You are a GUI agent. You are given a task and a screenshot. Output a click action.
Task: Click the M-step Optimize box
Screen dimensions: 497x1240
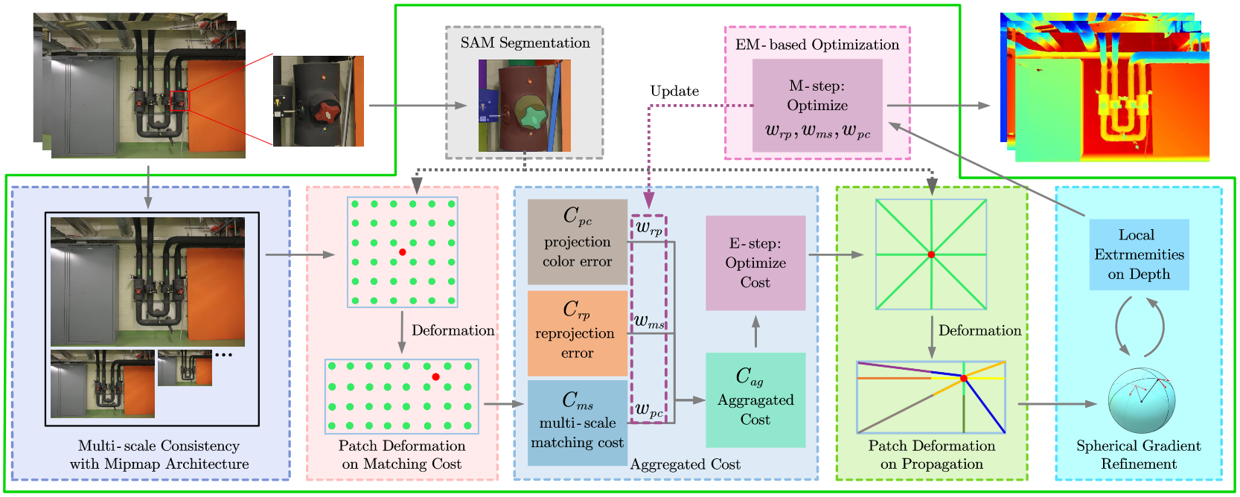[x=817, y=106]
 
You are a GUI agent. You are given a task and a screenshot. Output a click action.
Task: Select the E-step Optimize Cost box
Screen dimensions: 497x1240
[x=755, y=263]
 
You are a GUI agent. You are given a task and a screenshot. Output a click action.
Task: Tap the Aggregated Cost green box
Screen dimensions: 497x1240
[x=755, y=400]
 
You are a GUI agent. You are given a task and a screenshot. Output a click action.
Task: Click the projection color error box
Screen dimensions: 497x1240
[x=578, y=242]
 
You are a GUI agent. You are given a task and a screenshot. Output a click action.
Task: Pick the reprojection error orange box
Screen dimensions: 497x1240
[x=578, y=333]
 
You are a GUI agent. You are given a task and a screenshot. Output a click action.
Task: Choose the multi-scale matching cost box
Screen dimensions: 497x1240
[x=578, y=423]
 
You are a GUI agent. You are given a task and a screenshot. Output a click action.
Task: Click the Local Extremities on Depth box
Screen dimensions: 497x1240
[x=1139, y=254]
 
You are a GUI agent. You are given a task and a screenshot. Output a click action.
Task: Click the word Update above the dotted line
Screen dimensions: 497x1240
[x=674, y=92]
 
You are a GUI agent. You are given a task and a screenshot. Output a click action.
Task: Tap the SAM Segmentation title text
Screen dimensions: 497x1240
[x=525, y=43]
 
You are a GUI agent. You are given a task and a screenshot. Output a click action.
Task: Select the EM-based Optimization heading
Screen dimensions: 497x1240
[x=817, y=45]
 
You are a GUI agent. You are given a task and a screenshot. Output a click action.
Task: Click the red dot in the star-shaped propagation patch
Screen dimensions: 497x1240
[x=931, y=254]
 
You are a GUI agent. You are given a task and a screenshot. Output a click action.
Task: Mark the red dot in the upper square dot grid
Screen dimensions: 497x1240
[x=403, y=252]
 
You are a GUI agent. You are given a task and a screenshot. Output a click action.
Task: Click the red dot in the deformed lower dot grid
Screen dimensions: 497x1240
[x=435, y=377]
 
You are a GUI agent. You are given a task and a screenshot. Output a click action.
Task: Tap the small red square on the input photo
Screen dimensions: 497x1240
[x=179, y=101]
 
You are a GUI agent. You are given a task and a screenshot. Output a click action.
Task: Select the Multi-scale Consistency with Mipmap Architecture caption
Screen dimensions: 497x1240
[x=159, y=455]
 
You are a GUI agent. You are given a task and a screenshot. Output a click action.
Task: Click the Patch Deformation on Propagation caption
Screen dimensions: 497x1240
[x=931, y=455]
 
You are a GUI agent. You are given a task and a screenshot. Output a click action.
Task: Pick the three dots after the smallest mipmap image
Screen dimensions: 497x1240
[x=223, y=355]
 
